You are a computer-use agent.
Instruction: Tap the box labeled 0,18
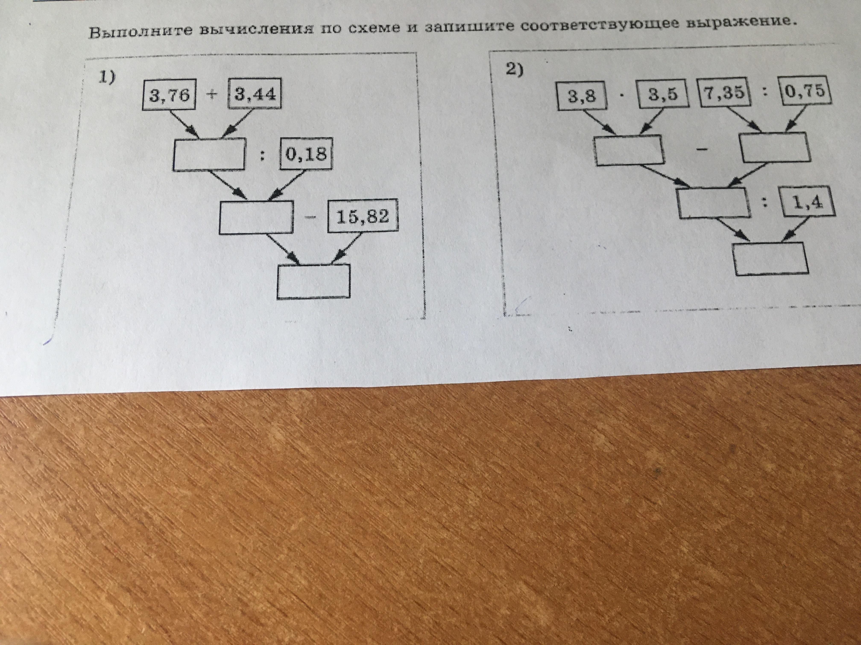(306, 155)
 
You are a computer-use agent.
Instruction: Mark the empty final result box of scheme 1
(313, 282)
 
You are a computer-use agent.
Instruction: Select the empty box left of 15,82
(256, 217)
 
